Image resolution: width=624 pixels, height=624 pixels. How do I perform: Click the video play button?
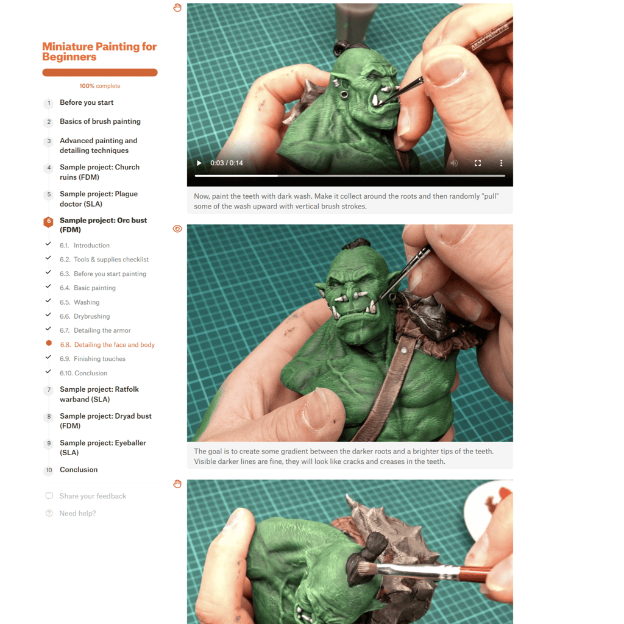(x=199, y=163)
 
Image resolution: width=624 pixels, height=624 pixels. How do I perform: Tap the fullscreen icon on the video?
(x=478, y=163)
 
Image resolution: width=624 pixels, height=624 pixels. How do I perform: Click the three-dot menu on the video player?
(x=501, y=163)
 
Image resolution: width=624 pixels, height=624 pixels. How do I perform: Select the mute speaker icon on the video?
(x=454, y=163)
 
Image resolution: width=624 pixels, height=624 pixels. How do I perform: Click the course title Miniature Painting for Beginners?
(x=99, y=52)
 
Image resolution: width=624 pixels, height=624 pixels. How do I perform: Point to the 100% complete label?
(x=99, y=86)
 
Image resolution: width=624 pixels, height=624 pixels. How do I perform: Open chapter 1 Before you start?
(x=87, y=102)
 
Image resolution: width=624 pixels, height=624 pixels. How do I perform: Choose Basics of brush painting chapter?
(x=100, y=121)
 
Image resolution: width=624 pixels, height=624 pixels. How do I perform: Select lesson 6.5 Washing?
(x=80, y=302)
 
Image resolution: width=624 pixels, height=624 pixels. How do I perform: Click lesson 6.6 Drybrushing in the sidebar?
(x=85, y=316)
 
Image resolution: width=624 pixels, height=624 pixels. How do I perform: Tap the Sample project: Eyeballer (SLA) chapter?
(x=102, y=448)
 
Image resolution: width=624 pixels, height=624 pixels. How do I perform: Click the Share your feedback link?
(x=93, y=496)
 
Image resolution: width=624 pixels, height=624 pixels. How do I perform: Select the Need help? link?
(x=77, y=513)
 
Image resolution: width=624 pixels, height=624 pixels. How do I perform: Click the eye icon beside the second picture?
(x=177, y=229)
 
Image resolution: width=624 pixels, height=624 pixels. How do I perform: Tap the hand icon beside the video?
(x=177, y=7)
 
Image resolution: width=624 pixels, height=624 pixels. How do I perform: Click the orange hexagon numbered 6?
(x=49, y=222)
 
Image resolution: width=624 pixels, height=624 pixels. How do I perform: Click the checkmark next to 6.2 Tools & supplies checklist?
(x=48, y=258)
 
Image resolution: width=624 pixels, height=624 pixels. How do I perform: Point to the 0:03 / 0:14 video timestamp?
(x=227, y=163)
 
